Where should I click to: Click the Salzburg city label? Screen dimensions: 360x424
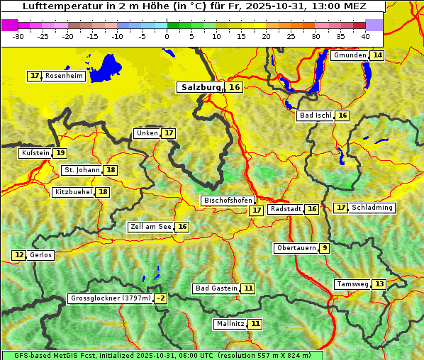200,87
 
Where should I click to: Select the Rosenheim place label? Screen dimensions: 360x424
64,76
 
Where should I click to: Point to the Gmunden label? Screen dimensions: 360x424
350,55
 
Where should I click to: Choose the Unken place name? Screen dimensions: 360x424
147,133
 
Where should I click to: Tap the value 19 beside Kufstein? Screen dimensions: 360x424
60,153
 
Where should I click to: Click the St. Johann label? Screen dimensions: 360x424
82,170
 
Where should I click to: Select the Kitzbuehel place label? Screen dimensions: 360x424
74,192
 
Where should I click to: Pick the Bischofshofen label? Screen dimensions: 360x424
228,201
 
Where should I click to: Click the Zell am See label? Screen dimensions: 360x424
151,227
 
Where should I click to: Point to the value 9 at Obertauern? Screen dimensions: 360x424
324,248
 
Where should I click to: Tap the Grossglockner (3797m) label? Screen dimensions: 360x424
111,298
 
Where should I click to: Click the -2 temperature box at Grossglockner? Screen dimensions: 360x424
161,298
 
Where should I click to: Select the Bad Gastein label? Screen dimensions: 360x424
216,288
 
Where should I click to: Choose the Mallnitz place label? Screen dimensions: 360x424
230,324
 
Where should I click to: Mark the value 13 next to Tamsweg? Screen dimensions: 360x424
379,284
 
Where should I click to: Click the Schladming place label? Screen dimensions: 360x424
372,208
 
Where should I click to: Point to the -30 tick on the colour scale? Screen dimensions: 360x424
18,36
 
